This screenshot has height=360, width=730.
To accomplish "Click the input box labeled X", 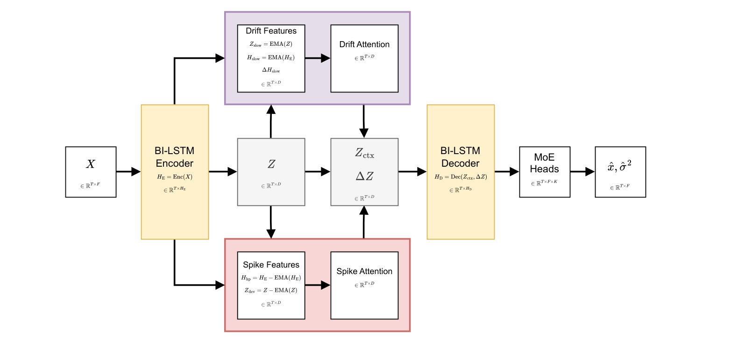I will [91, 172].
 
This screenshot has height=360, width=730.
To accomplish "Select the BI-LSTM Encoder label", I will [174, 157].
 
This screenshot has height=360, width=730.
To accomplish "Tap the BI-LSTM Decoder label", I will [460, 157].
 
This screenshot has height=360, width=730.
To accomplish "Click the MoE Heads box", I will [545, 172].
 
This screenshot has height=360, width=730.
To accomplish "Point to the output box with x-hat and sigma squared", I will [620, 172].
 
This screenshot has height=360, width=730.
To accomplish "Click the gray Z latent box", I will [271, 172].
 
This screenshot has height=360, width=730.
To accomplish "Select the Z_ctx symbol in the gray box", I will [364, 154].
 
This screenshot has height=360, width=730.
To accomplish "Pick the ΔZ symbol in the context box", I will [364, 176].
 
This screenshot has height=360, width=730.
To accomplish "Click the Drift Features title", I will [271, 31].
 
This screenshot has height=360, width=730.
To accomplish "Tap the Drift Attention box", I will [364, 58].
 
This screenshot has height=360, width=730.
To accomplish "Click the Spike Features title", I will [271, 265].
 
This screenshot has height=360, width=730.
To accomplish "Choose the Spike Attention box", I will [364, 285].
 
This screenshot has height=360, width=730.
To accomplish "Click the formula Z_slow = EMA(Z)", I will [271, 44].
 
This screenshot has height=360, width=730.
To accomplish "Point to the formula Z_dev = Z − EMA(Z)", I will [271, 290].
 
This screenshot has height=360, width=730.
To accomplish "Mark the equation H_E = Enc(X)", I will [174, 177].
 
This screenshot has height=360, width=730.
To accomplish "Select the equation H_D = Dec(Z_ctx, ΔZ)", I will [460, 177].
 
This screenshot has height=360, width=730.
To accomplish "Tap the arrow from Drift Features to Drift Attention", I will [318, 58].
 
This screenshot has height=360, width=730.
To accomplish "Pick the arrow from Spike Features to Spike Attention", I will [318, 285].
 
